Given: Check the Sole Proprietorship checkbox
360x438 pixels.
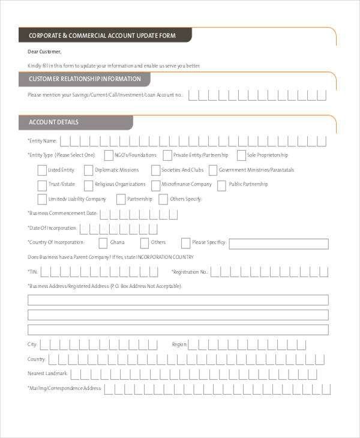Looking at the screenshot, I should [x=241, y=155].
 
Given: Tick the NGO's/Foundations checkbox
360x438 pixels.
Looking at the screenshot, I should [x=108, y=155].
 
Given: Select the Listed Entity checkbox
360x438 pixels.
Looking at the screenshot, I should [x=41, y=170].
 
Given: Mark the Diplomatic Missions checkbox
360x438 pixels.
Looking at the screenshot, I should [x=89, y=170].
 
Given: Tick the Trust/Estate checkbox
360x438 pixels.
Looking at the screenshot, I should [x=41, y=185].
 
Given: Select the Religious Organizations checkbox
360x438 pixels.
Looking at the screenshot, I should [x=89, y=185].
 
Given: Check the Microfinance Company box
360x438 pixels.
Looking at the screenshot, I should [x=155, y=185].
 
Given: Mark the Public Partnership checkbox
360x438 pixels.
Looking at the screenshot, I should [x=221, y=185].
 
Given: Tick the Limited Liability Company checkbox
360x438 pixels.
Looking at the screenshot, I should [x=41, y=199].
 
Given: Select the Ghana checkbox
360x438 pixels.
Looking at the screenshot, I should [x=102, y=243].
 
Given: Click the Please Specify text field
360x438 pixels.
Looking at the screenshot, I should [x=278, y=244].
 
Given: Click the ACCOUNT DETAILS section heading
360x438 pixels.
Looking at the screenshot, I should [x=53, y=122].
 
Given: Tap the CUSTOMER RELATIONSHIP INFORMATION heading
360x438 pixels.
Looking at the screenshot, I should [x=85, y=79].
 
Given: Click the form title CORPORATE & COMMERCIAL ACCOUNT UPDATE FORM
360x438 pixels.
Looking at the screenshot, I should [x=102, y=36].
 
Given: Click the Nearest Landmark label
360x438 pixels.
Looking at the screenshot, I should [x=48, y=374].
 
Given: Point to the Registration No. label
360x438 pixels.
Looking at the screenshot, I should [x=190, y=272].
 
